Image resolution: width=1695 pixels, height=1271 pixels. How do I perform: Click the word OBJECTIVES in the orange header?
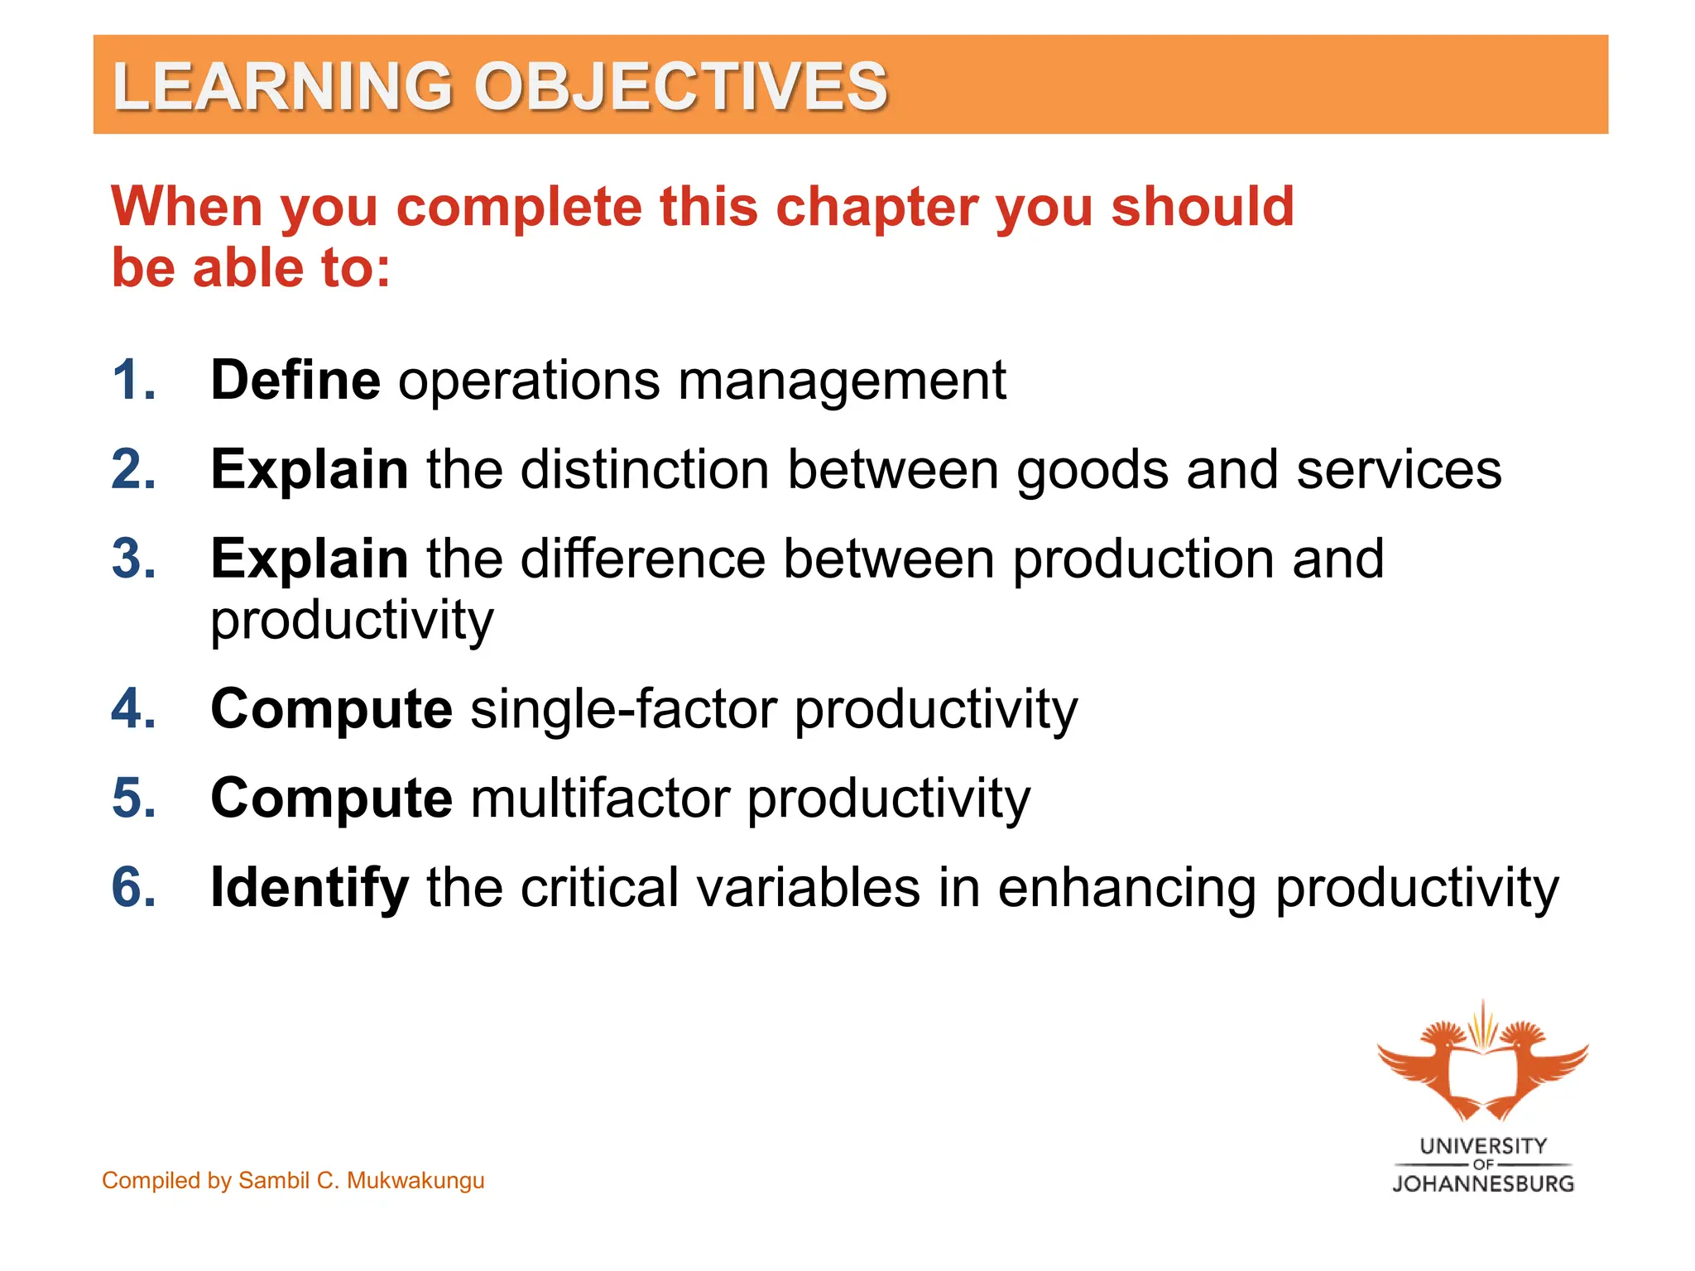[680, 86]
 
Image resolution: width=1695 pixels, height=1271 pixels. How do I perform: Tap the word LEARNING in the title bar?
[282, 86]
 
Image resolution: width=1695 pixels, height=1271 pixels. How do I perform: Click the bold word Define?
[295, 381]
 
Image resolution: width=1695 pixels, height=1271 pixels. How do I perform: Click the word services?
[1398, 469]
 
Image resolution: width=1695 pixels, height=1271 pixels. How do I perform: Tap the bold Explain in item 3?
[309, 559]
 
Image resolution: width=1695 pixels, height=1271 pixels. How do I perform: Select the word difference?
[642, 559]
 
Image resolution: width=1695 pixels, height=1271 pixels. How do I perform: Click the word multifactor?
[601, 799]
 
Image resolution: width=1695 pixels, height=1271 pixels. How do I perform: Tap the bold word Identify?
[309, 888]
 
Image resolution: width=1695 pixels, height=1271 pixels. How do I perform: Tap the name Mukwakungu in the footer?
[415, 1181]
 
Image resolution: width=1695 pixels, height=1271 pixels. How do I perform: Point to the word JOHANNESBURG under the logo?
[1482, 1184]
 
